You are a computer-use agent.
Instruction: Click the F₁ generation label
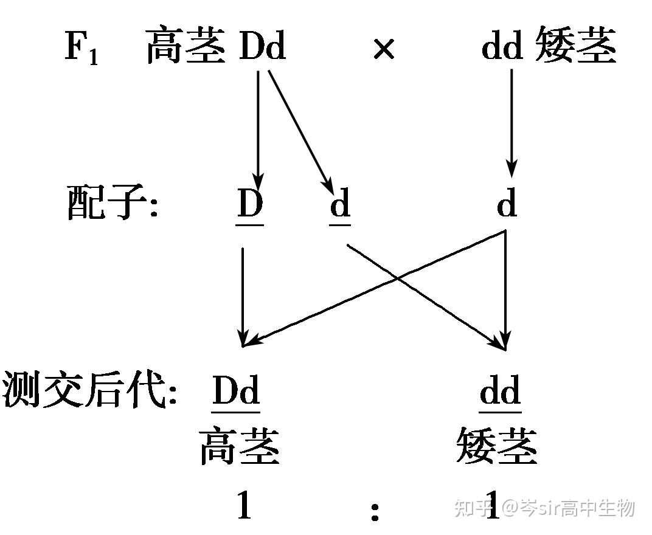pyautogui.click(x=81, y=48)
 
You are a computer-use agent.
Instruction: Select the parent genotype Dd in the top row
pyautogui.click(x=262, y=47)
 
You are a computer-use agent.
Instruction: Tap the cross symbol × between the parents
pyautogui.click(x=383, y=49)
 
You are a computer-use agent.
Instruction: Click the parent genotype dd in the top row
pyautogui.click(x=502, y=47)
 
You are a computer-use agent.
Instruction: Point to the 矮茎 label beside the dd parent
pyautogui.click(x=575, y=47)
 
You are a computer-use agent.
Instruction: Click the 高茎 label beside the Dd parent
pyautogui.click(x=186, y=47)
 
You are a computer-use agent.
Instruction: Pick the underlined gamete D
pyautogui.click(x=250, y=204)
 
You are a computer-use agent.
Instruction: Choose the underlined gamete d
pyautogui.click(x=340, y=204)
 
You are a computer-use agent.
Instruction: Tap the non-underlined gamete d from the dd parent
pyautogui.click(x=507, y=204)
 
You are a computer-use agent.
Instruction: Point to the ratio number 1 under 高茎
pyautogui.click(x=244, y=505)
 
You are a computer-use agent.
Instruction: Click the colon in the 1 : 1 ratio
pyautogui.click(x=375, y=511)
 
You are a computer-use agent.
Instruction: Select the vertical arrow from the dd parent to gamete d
pyautogui.click(x=511, y=122)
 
